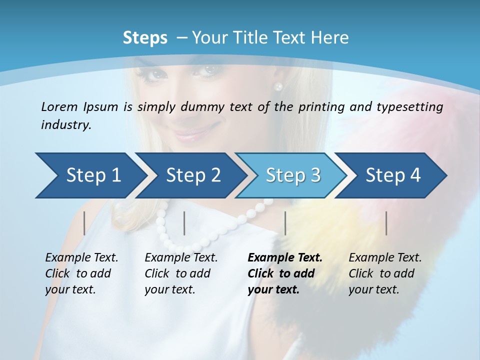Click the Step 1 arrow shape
(x=93, y=175)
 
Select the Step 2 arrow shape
(x=193, y=175)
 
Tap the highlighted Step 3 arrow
(x=293, y=175)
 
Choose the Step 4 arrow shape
(x=393, y=175)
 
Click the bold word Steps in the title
(x=145, y=38)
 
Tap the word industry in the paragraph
(x=65, y=124)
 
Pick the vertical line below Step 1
(x=84, y=223)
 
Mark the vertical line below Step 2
(x=184, y=223)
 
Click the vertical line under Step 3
(x=285, y=223)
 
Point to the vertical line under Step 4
(x=386, y=223)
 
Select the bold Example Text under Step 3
(x=285, y=258)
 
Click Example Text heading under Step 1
(x=81, y=258)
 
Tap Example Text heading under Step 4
(x=385, y=258)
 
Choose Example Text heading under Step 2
(x=181, y=258)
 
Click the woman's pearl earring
(x=278, y=86)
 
